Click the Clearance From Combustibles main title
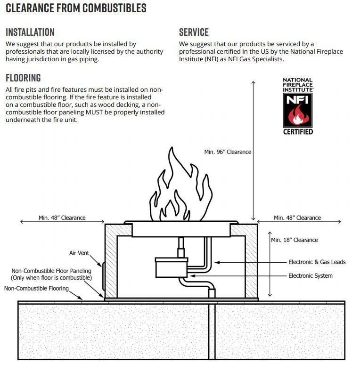[x=76, y=8]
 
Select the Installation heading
[x=30, y=32]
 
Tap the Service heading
[x=194, y=32]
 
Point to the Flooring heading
[x=23, y=78]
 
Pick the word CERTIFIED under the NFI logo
[x=298, y=131]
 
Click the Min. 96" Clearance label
[x=228, y=152]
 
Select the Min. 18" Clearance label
[x=295, y=240]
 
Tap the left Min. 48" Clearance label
[x=62, y=218]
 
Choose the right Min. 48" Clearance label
[x=297, y=218]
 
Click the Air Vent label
[x=79, y=253]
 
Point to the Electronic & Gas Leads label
[x=317, y=262]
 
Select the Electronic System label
[x=310, y=275]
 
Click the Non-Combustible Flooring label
[x=36, y=288]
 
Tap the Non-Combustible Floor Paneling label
[x=51, y=274]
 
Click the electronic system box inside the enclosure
[x=172, y=267]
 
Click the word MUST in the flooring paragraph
[x=94, y=112]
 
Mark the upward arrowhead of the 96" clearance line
[x=253, y=82]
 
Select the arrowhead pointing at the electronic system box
[x=192, y=276]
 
